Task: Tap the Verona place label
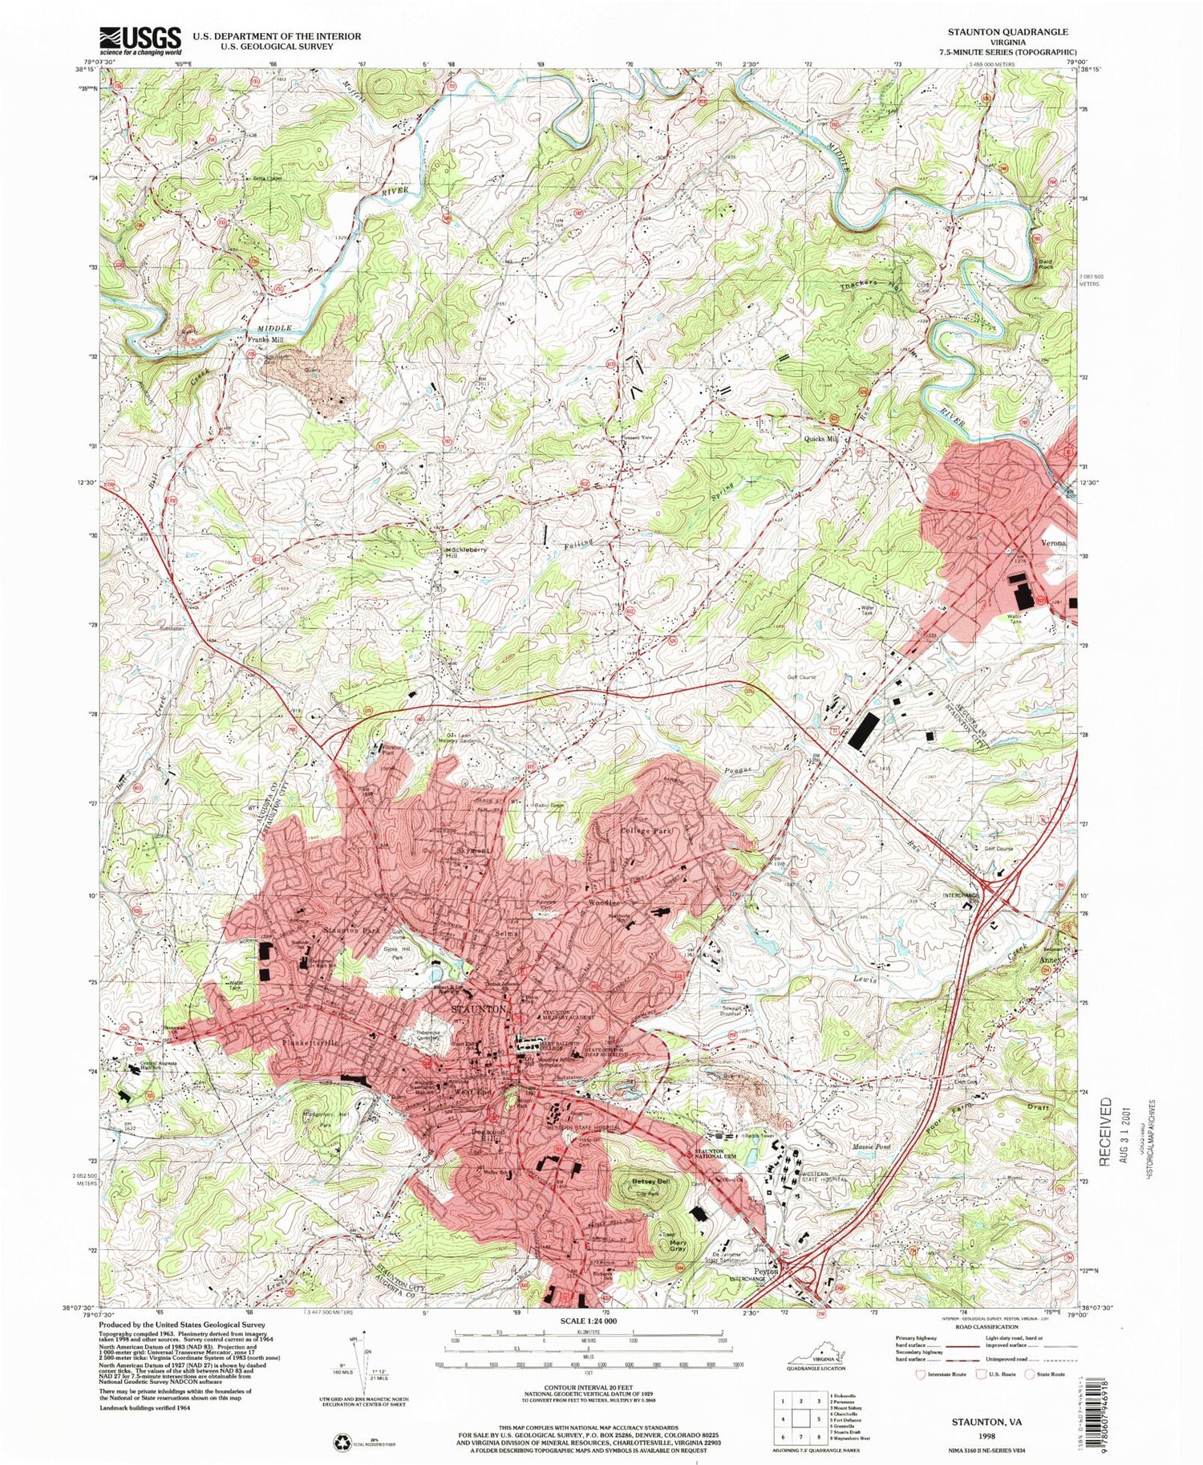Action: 1053,543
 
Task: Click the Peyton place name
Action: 767,1271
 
